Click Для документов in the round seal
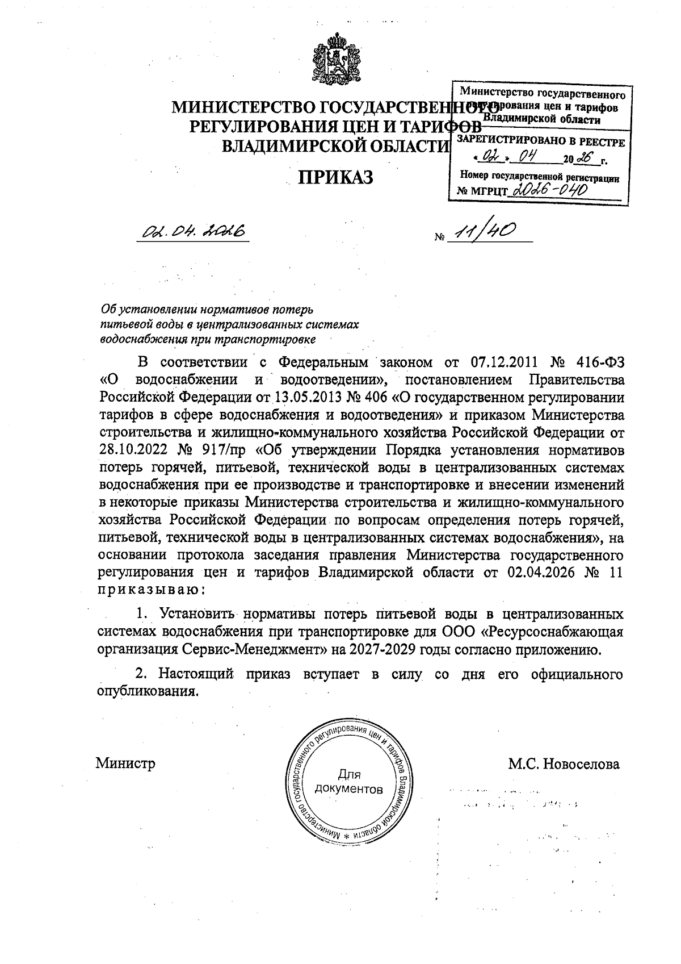348,782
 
